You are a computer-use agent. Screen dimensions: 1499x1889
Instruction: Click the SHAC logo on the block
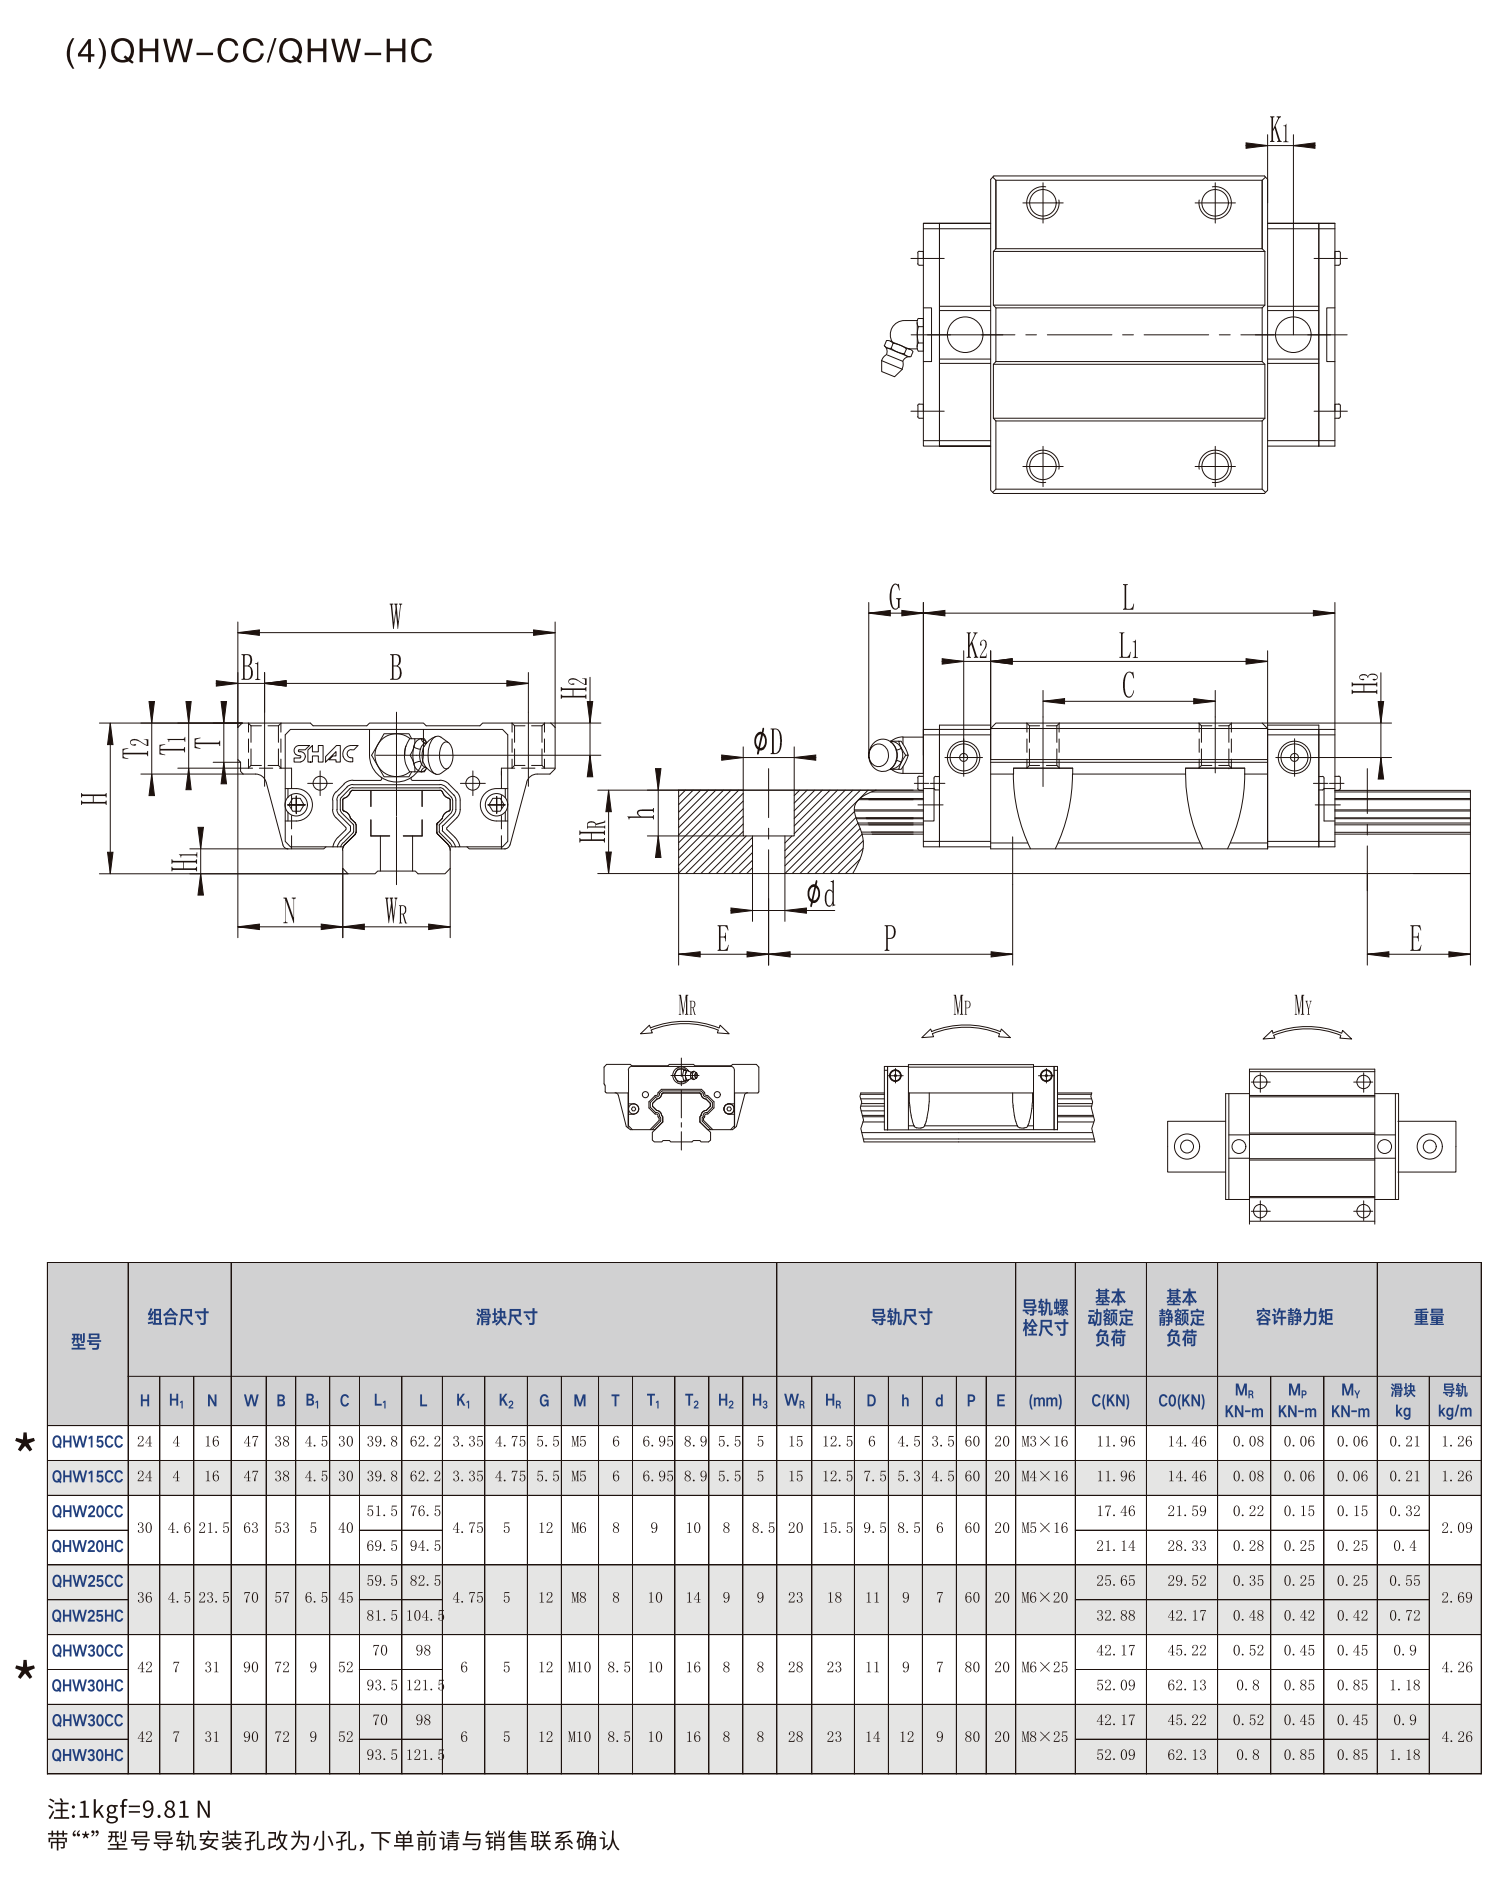(325, 754)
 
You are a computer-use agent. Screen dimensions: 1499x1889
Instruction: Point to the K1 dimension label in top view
(1279, 129)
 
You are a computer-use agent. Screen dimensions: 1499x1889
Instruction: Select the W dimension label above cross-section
(396, 616)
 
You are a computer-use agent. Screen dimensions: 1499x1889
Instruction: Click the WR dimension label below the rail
(396, 910)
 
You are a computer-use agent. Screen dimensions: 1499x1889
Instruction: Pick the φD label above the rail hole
(768, 741)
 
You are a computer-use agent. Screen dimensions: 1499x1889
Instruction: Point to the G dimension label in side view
(895, 597)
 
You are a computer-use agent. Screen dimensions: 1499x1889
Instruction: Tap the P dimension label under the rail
(890, 937)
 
